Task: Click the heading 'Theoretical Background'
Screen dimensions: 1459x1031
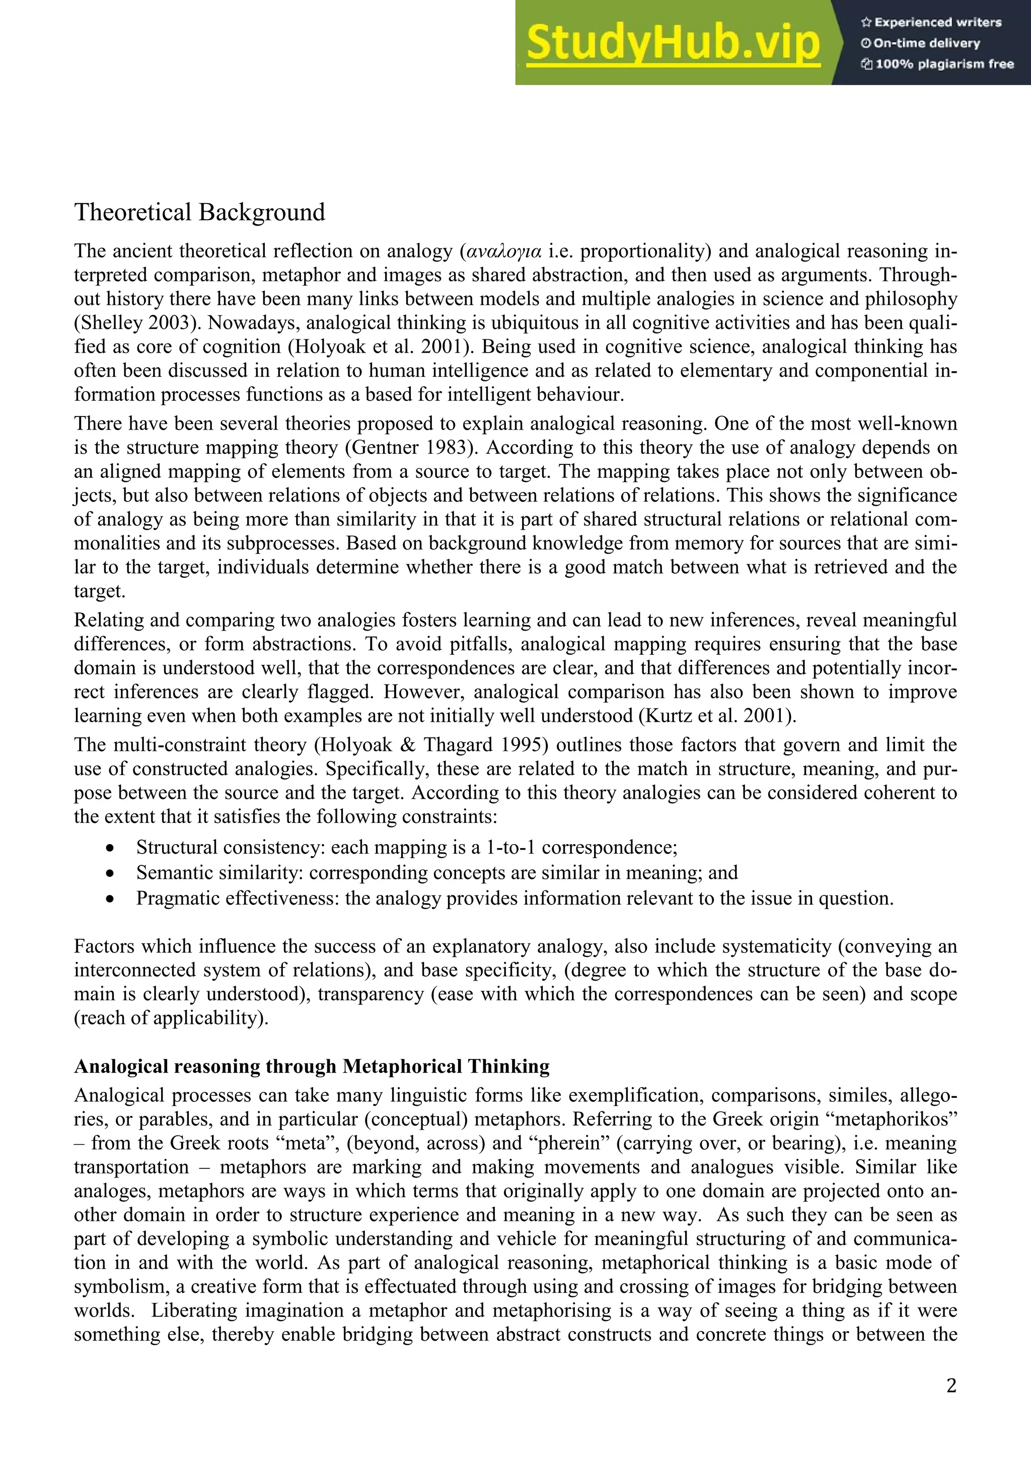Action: pyautogui.click(x=199, y=212)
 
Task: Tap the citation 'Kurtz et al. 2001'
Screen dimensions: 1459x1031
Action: pyautogui.click(x=718, y=716)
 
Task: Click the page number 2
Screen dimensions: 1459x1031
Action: pyautogui.click(x=951, y=1385)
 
